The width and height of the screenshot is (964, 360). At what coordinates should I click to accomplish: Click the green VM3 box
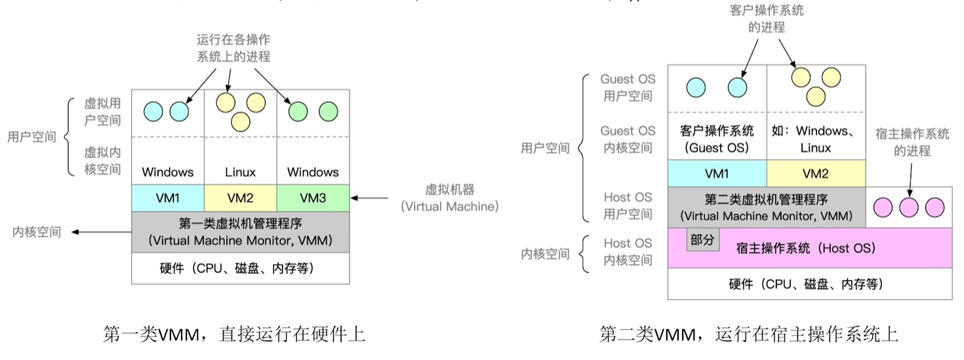coord(313,197)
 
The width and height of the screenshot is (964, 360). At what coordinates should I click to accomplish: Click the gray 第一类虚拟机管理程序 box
coord(241,231)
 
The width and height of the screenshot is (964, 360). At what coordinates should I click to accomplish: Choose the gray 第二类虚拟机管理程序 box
coord(767,207)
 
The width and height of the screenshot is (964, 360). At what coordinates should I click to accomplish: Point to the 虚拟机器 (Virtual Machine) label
coord(449,198)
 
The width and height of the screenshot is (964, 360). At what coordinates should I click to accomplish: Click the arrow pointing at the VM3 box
coord(374,197)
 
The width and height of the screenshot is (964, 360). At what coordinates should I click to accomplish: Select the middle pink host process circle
coord(908,207)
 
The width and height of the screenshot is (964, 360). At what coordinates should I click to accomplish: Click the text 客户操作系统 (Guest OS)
coord(717,139)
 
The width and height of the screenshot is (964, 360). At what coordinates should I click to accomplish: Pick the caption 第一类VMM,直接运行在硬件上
coord(234,334)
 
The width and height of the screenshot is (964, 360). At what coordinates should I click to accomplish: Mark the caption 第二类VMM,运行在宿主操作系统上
coord(748,334)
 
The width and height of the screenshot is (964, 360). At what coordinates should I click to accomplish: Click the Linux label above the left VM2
coord(240,172)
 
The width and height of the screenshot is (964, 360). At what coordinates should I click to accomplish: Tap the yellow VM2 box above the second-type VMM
coord(816,174)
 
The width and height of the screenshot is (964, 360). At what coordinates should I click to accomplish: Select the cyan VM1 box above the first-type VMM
coord(168,197)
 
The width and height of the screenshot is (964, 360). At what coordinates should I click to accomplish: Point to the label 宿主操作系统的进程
coord(912,142)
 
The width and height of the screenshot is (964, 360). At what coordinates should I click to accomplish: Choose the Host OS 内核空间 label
coord(628,251)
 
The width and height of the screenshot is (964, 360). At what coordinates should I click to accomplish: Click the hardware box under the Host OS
coord(809,284)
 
